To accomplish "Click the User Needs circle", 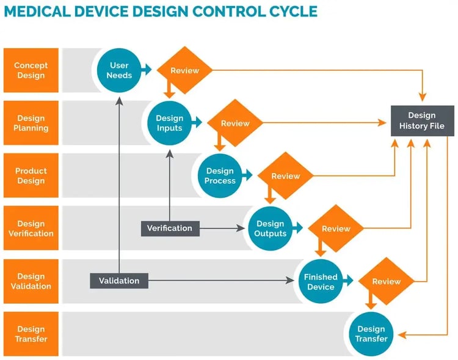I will coord(119,70).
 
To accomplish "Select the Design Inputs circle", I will coord(169,123).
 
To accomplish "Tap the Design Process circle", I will coord(220,176).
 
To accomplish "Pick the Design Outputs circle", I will coord(270,229).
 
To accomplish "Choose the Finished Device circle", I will coord(321,281).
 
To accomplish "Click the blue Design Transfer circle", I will coord(371,334).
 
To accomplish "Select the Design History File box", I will coord(422,120).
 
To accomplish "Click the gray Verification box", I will coord(170,228).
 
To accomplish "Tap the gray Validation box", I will coord(119,281).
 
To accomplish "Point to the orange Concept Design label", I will coord(31,70).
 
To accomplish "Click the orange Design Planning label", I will coord(31,123).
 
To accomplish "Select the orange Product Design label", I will coord(31,176).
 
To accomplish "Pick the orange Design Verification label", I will coord(31,229).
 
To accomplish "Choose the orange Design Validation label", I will coord(31,281).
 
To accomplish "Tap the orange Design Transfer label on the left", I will coord(31,334).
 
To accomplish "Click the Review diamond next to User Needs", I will coord(184,70).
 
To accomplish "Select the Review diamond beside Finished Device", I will coord(386,281).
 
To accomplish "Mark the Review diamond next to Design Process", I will coord(285,176).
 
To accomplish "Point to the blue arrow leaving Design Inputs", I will coord(197,123).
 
